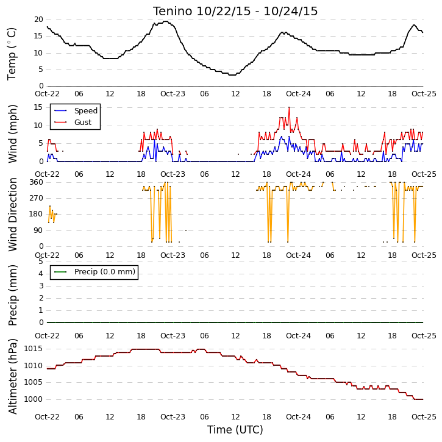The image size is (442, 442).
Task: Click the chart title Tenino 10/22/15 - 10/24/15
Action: point(235,12)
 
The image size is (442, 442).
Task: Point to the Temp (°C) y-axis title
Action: point(12,54)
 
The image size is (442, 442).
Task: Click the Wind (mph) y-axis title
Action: point(13,134)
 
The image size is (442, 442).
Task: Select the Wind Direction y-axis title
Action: point(13,215)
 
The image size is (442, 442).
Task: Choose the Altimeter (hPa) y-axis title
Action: point(13,376)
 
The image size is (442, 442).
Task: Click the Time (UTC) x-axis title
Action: point(235,430)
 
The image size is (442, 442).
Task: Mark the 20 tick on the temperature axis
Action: point(38,20)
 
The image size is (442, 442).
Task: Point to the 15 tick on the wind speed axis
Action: point(38,107)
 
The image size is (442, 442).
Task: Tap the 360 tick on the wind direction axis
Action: point(37,182)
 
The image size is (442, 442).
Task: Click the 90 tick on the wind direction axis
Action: point(38,230)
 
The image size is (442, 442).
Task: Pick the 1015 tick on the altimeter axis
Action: point(34,349)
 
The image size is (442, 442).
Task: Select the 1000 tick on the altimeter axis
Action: point(34,399)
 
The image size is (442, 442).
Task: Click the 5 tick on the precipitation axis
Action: point(41,262)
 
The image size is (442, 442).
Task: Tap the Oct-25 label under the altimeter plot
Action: point(424,417)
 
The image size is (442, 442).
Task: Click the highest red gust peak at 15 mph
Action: point(289,107)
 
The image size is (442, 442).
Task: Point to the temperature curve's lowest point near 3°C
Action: point(232,75)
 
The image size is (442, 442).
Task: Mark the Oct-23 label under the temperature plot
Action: point(173,94)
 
